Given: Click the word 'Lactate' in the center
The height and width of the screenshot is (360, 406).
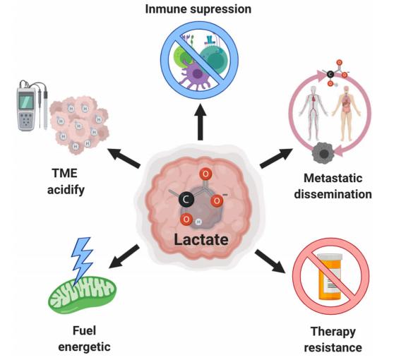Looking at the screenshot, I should tap(202, 239).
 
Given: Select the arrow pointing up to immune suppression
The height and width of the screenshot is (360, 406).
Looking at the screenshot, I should tap(202, 124).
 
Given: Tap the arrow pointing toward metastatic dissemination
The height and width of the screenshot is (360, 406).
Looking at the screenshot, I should tap(275, 157).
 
